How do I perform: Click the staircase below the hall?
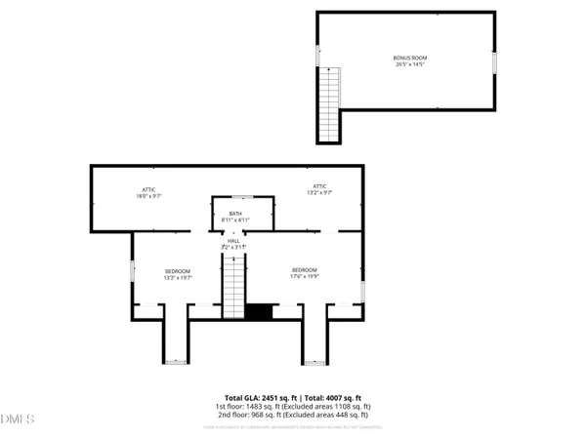[x=233, y=291]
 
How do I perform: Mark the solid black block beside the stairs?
[x=258, y=312]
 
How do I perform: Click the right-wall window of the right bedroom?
[x=362, y=291]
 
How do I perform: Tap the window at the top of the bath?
[x=235, y=197]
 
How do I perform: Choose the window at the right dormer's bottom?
[x=314, y=363]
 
